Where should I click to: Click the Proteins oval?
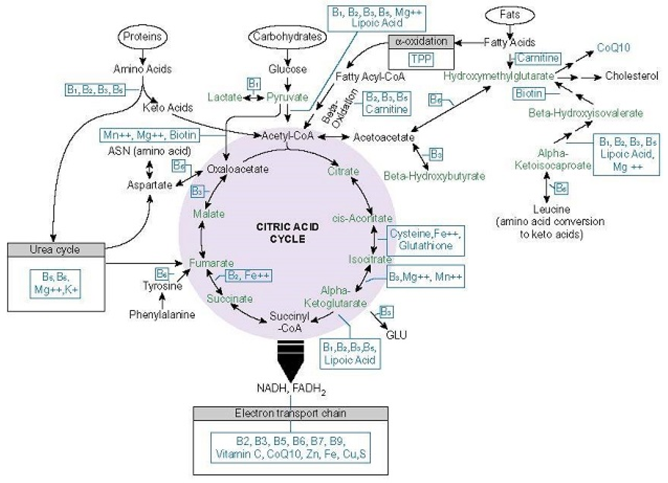142,36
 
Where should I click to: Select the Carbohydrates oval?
287,37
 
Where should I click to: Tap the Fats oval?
510,15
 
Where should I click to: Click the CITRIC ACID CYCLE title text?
287,233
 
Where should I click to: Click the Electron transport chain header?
290,413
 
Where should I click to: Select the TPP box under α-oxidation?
421,59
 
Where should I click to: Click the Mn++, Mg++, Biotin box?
150,135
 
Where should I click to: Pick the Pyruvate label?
287,97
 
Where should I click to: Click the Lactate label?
225,97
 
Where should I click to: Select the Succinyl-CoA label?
290,322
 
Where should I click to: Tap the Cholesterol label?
631,76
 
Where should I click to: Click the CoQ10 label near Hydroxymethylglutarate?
614,48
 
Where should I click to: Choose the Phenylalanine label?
162,315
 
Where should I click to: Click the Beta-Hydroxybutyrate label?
434,176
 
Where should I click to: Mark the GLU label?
396,335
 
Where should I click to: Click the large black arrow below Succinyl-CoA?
291,360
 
